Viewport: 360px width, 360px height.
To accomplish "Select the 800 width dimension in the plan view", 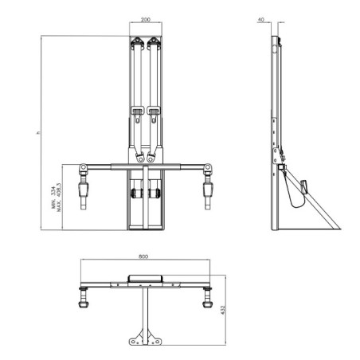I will (144, 257).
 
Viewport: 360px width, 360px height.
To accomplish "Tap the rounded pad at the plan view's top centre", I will (145, 280).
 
